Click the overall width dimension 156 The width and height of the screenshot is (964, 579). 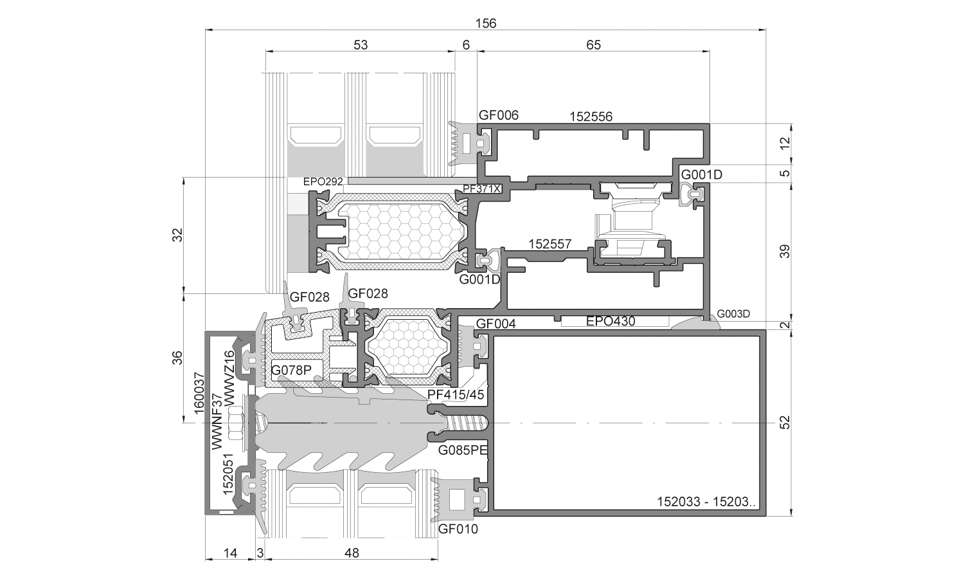485,23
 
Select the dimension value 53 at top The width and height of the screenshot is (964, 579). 361,45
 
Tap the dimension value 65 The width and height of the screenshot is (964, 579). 593,45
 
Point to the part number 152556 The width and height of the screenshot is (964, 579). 591,116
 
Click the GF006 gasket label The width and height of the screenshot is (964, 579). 499,115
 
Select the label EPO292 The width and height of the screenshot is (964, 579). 323,181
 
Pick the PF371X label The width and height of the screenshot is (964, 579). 482,188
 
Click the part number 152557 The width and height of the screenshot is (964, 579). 550,244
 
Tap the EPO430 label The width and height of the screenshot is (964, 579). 611,321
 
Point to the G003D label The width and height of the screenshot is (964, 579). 733,314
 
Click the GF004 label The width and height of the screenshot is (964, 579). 495,324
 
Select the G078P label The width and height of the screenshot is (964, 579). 291,370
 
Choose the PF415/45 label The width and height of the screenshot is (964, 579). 456,394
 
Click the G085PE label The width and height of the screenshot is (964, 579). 463,450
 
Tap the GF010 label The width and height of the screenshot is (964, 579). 458,529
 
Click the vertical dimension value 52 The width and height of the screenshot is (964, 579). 785,423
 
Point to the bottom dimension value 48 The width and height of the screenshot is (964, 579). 352,553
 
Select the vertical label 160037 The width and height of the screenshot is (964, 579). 199,393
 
